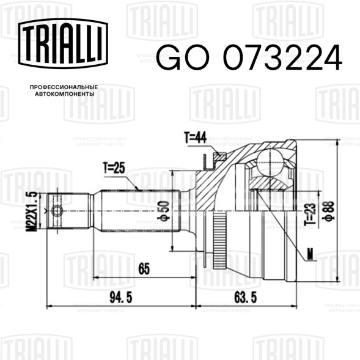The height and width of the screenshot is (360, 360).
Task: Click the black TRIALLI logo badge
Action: [63, 43]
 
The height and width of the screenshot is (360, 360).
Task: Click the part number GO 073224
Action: [249, 57]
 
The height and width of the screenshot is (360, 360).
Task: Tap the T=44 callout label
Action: [196, 138]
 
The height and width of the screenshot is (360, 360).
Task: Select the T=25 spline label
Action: [114, 168]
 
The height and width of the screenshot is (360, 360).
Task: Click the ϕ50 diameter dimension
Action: [164, 210]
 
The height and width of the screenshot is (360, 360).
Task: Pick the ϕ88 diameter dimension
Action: [328, 210]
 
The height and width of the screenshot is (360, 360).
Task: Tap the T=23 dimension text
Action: [310, 214]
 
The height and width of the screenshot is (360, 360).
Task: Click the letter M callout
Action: [310, 255]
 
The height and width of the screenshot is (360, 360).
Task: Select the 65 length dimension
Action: [144, 268]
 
